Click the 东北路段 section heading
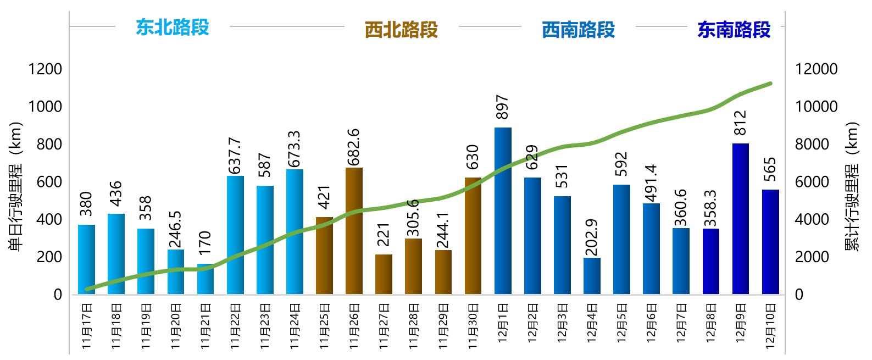[x=173, y=27]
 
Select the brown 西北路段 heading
[x=401, y=30]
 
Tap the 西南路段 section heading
[x=578, y=30]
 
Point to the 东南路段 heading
[x=734, y=30]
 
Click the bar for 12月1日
[x=503, y=211]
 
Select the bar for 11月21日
[x=205, y=279]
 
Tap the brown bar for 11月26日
[x=354, y=231]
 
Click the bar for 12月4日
[x=592, y=276]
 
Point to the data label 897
[x=502, y=107]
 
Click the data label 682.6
[x=353, y=147]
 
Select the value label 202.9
[x=592, y=237]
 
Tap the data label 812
[x=740, y=123]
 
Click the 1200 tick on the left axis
[x=45, y=69]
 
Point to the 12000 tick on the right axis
[x=817, y=69]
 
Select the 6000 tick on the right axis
[x=812, y=181]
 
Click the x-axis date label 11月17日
[x=87, y=326]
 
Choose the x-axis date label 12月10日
[x=770, y=326]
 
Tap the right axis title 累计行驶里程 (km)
[x=852, y=187]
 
